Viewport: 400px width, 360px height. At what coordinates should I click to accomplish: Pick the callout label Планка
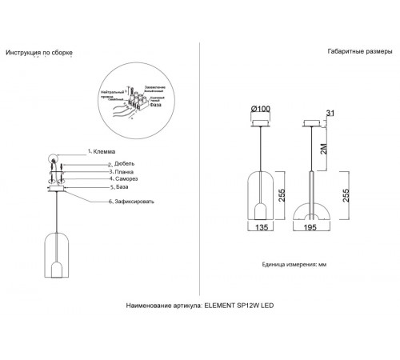(101, 172)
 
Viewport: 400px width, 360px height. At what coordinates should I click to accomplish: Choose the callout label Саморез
(102, 179)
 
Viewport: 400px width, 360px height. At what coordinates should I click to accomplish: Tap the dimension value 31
(330, 112)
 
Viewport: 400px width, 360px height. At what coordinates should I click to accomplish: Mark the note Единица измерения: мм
(294, 264)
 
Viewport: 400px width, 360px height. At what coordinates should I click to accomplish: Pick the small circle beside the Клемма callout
(54, 158)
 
